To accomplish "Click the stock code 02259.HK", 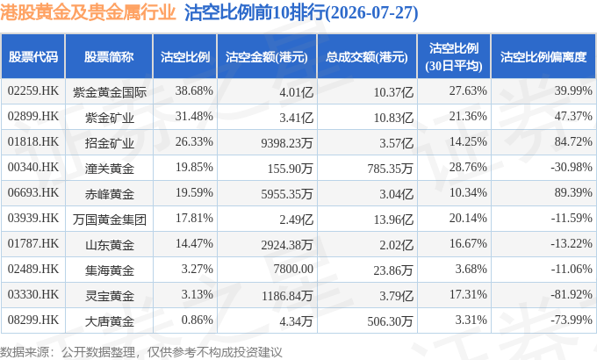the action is [x=33, y=91].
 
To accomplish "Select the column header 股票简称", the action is [x=109, y=57].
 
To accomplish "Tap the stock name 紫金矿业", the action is [x=109, y=117].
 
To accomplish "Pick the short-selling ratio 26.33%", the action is [x=194, y=141].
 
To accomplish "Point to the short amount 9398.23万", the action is [x=287, y=143].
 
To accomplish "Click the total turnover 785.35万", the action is [x=391, y=169].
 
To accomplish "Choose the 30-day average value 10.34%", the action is [x=468, y=193].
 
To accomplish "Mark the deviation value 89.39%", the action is [x=573, y=193].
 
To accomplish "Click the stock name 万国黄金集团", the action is [x=109, y=219].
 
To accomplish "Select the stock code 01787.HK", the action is [x=33, y=244].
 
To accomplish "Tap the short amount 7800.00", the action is [x=293, y=269].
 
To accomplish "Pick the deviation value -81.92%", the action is [x=572, y=294].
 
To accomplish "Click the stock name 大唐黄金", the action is [x=109, y=321].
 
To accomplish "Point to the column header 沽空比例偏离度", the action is [x=543, y=57].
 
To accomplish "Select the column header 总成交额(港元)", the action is [x=367, y=57].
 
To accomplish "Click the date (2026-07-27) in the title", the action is [x=372, y=12].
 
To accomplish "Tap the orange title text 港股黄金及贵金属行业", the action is [x=88, y=12].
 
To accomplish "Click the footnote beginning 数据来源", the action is [x=141, y=351].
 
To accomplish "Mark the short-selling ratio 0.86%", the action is [x=198, y=320].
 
